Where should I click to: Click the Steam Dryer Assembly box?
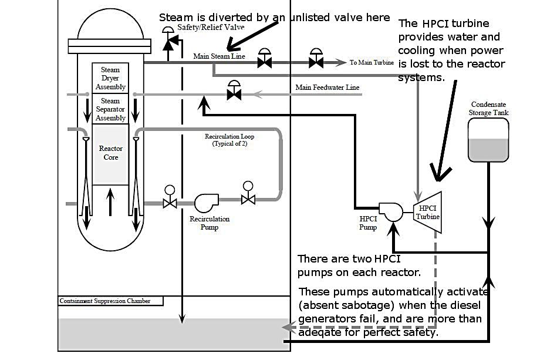click(110, 78)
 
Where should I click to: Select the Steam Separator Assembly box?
click(110, 109)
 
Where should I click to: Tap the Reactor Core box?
click(111, 153)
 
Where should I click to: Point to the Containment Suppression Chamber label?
click(105, 301)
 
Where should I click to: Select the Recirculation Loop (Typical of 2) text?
click(229, 140)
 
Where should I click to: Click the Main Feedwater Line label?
click(327, 88)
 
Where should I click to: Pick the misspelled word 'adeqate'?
click(320, 332)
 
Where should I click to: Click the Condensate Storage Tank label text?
click(489, 109)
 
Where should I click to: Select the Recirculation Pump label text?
click(210, 223)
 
